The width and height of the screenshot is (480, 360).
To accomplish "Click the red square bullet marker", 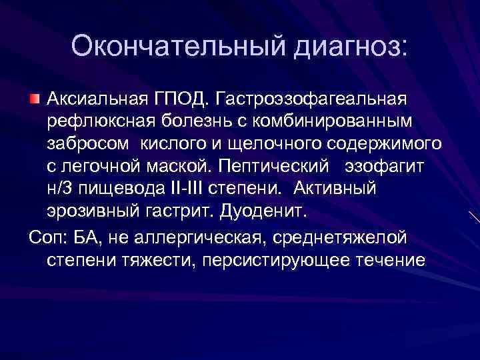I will click(x=35, y=100).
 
